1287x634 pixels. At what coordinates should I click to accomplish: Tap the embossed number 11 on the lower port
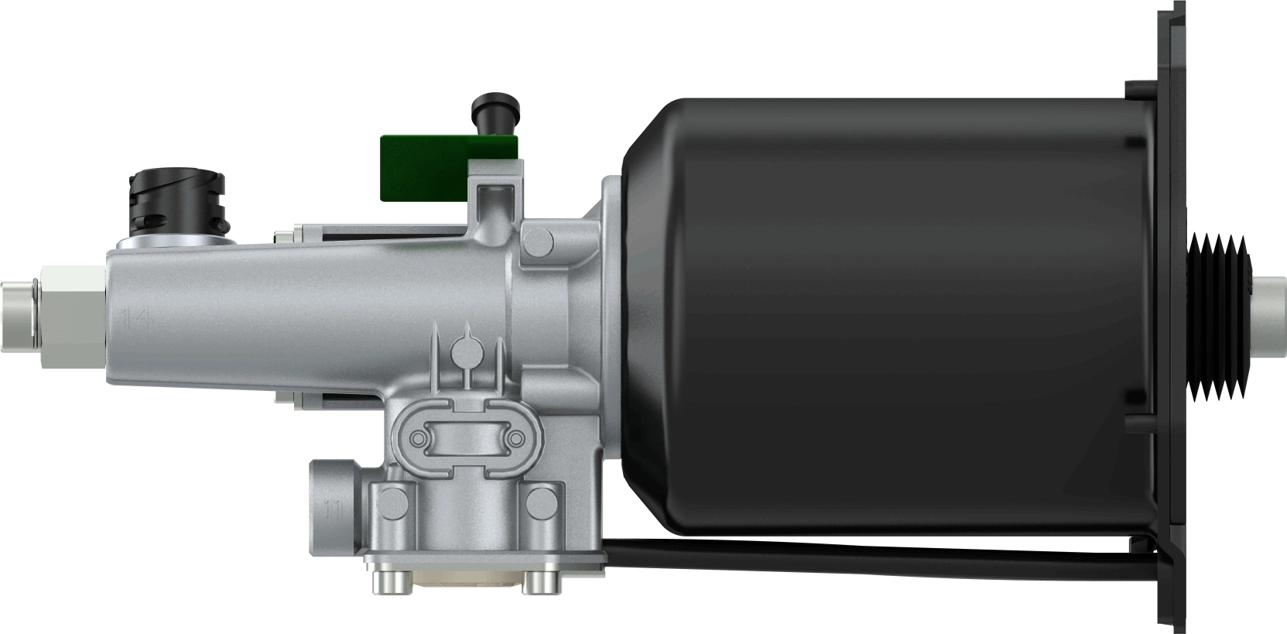334,511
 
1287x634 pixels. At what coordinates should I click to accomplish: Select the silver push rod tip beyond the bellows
1269,313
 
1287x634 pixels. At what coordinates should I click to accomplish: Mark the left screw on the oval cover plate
419,439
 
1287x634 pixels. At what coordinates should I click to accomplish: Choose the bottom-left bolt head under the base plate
383,581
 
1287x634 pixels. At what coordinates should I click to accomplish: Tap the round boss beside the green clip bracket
537,240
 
